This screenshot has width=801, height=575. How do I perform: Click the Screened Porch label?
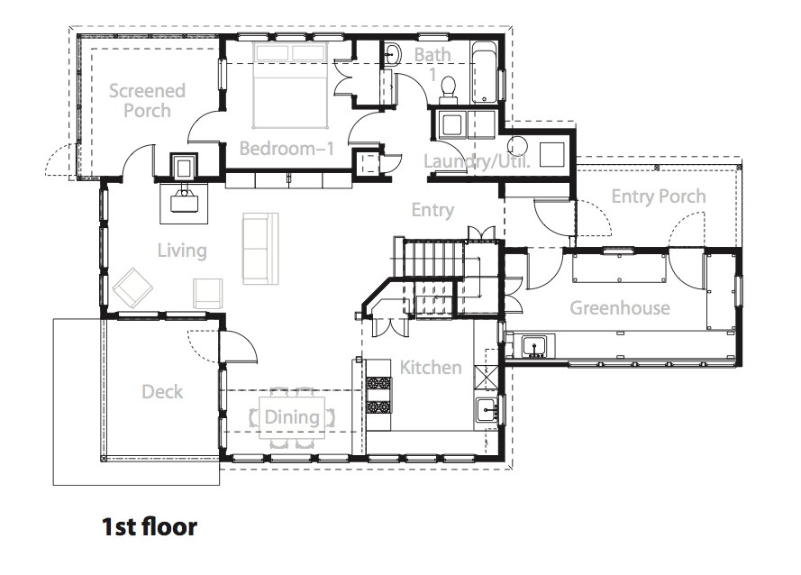147,101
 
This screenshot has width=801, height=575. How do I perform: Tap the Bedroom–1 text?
287,149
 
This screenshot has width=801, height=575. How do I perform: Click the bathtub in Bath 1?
484,72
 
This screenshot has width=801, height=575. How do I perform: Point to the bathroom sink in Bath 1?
392,55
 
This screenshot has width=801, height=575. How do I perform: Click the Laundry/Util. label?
477,161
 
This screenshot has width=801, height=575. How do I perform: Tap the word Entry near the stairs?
432,210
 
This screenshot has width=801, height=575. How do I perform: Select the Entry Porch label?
659,196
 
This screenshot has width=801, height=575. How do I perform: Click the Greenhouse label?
620,307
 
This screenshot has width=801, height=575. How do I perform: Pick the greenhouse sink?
534,346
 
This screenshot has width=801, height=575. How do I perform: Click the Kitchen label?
431,367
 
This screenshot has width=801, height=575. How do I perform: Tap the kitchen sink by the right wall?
487,410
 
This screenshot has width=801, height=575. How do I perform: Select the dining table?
292,417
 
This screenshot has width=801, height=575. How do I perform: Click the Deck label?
162,391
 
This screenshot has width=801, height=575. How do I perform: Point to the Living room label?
182,251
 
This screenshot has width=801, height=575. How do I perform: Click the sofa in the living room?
260,249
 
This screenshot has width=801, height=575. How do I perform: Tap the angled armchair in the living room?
132,287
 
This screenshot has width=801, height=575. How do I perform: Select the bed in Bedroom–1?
290,86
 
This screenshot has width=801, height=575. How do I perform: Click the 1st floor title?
150,527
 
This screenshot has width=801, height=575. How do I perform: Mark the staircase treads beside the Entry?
434,257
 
